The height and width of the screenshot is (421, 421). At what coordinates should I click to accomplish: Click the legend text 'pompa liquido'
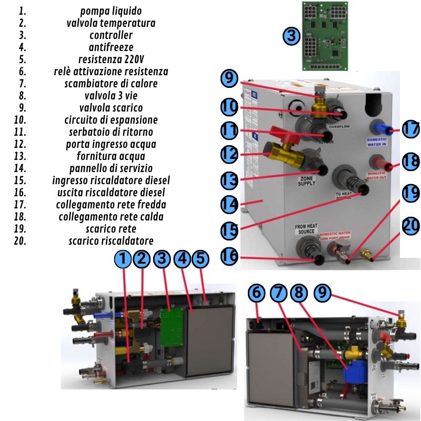click(111, 11)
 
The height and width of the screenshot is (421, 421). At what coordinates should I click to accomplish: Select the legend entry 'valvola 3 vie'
click(111, 96)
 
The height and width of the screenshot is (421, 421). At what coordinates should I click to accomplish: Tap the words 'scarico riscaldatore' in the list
click(111, 241)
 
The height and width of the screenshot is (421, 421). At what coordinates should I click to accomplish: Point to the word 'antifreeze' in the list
click(111, 47)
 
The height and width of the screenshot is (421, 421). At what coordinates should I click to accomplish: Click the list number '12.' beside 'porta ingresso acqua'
click(22, 144)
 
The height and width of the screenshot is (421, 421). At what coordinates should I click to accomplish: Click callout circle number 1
click(122, 259)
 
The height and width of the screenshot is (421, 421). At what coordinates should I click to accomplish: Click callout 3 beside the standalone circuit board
click(291, 36)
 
